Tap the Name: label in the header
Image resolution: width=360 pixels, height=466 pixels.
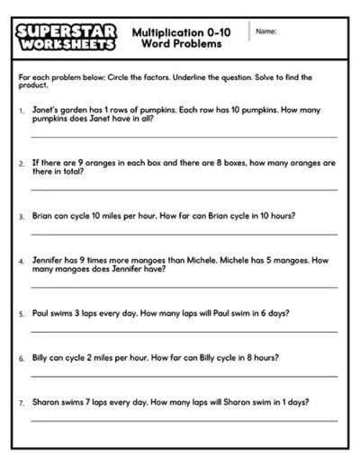pyautogui.click(x=265, y=31)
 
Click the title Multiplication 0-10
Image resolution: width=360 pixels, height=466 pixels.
pyautogui.click(x=181, y=32)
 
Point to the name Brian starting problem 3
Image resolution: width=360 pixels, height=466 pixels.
pyautogui.click(x=44, y=217)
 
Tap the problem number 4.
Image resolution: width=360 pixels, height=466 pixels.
pyautogui.click(x=21, y=260)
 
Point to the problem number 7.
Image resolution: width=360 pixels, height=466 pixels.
pyautogui.click(x=21, y=401)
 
